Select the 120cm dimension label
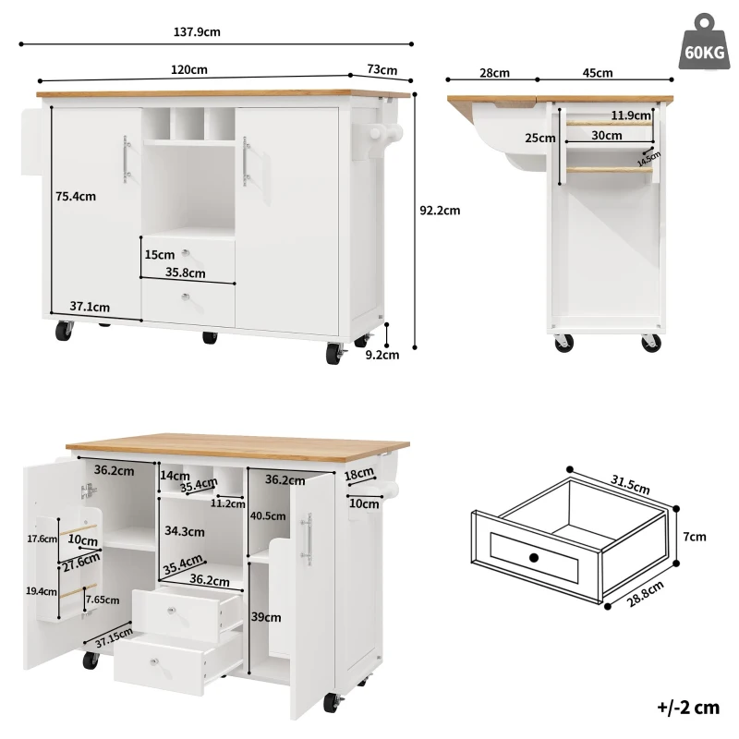coord(188,69)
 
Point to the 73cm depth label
coord(382,69)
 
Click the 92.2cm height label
coord(440,210)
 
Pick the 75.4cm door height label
coord(76,196)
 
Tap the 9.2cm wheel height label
coord(382,353)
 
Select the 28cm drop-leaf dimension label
coord(494,73)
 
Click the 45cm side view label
coord(598,73)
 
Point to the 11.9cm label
coord(631,115)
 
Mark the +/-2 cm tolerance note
coord(687,709)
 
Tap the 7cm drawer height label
coord(696,537)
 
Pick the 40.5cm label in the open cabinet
coord(268,516)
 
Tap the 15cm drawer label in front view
coord(159,254)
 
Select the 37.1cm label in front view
coord(90,308)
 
